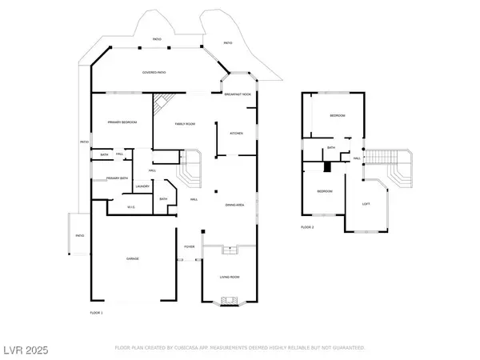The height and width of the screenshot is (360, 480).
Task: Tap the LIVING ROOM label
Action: pyautogui.click(x=230, y=277)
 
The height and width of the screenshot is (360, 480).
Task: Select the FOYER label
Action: pyautogui.click(x=190, y=246)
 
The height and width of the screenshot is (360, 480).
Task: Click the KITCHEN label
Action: pyautogui.click(x=237, y=133)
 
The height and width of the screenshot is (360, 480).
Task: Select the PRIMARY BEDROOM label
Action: pyautogui.click(x=122, y=122)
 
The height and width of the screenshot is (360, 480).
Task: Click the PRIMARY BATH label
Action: pyautogui.click(x=118, y=178)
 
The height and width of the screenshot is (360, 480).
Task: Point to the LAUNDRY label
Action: pyautogui.click(x=142, y=186)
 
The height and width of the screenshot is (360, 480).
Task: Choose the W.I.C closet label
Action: pyautogui.click(x=132, y=207)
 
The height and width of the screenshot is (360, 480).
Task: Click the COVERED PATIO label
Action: pyautogui.click(x=154, y=73)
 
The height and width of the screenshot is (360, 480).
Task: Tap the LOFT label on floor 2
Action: pyautogui.click(x=366, y=203)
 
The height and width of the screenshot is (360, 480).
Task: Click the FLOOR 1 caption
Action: pyautogui.click(x=96, y=311)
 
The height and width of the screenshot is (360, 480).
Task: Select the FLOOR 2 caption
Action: pyautogui.click(x=307, y=227)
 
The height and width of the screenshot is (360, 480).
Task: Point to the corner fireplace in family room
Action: pyautogui.click(x=162, y=102)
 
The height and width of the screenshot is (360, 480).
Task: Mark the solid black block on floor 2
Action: pyautogui.click(x=326, y=166)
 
